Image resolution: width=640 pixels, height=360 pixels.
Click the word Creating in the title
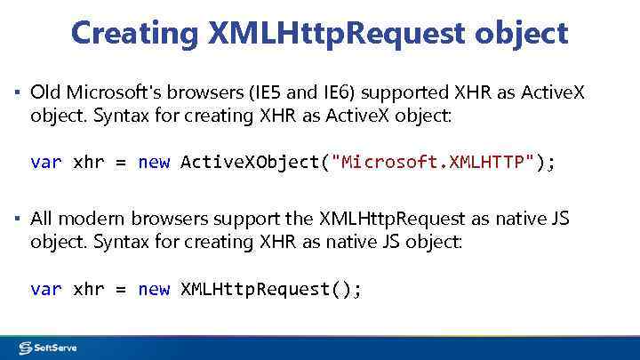click(x=135, y=34)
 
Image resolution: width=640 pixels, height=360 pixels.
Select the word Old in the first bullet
click(x=44, y=92)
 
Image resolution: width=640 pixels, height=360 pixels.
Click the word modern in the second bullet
click(x=92, y=218)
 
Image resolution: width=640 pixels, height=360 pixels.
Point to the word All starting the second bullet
click(x=43, y=218)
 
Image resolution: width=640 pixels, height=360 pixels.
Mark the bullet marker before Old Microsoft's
click(x=18, y=92)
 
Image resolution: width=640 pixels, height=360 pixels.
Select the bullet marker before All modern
click(x=18, y=219)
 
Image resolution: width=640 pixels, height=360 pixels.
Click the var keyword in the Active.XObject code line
click(x=45, y=162)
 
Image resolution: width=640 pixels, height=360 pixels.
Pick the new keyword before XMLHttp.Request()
click(x=153, y=289)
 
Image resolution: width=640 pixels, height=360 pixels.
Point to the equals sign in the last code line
click(x=121, y=289)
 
